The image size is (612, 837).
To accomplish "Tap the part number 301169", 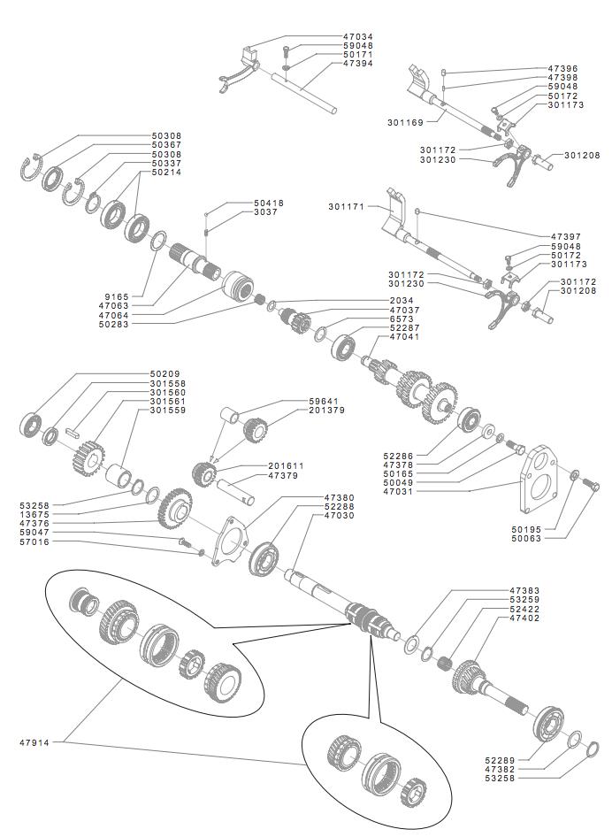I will tap(405, 121).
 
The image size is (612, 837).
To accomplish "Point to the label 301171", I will tap(347, 206).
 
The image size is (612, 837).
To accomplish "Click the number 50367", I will tap(166, 145).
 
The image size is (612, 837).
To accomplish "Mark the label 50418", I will tap(269, 203).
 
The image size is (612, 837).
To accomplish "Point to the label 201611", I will tap(287, 465).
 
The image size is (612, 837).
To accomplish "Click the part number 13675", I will tap(36, 514).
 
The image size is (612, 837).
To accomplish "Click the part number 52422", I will tap(524, 610).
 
